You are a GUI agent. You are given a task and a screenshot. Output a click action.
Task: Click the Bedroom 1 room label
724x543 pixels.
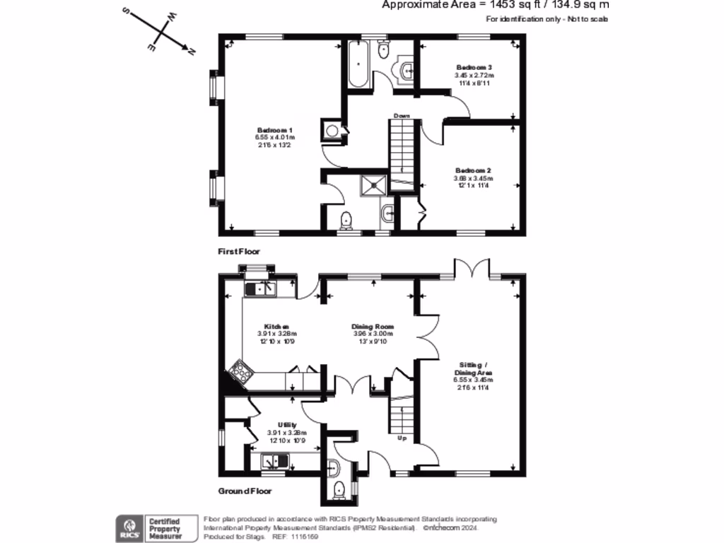coord(275,130)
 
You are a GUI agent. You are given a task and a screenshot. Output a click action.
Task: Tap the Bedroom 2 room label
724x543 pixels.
coord(473,170)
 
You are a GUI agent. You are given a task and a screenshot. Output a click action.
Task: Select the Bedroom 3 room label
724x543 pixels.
coord(473,67)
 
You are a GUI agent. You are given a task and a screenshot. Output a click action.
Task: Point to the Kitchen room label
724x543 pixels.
coord(276,327)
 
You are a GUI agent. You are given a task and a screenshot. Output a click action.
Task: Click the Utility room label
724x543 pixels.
coord(286,424)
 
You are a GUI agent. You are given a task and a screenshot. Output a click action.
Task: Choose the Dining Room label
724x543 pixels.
coord(373,327)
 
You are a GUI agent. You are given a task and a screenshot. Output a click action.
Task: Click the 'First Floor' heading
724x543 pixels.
coord(239,251)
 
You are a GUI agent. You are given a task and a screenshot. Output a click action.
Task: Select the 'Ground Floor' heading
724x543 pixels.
coord(244,491)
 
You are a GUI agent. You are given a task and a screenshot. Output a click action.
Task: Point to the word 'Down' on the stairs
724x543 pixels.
coord(402,115)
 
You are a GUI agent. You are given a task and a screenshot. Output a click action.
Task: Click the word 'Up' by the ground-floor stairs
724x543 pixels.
coord(402,438)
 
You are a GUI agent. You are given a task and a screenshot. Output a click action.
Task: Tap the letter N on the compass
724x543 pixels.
coord(191,49)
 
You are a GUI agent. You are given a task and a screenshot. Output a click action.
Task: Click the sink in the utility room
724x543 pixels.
coord(272,461)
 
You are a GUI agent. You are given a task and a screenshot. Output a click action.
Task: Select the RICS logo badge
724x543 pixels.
coord(129,527)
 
